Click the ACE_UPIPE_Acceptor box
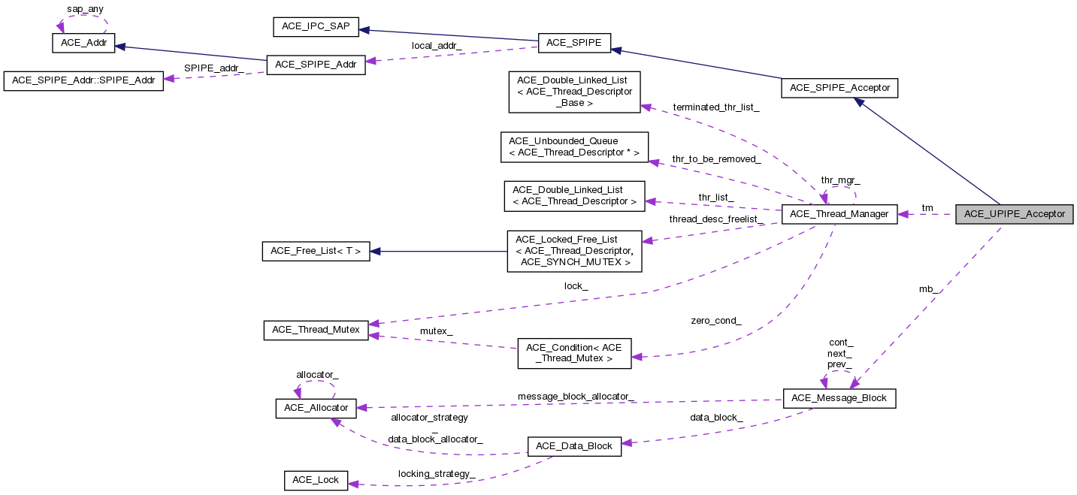[x=1014, y=214]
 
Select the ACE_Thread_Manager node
[x=840, y=214]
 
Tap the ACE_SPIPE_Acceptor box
[x=840, y=88]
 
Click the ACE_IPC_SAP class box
[x=316, y=26]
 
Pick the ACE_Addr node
[x=83, y=44]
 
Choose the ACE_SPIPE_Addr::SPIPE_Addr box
[x=83, y=81]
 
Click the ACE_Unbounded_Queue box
[x=573, y=146]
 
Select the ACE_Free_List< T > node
[x=316, y=251]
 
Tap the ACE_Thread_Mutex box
[x=316, y=331]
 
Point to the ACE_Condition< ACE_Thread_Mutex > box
[x=574, y=353]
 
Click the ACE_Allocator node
[x=316, y=408]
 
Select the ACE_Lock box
[x=316, y=480]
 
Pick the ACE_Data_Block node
[x=574, y=445]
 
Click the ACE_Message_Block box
[x=840, y=398]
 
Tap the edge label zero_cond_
[x=715, y=321]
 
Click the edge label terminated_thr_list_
[x=715, y=107]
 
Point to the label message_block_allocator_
[x=576, y=396]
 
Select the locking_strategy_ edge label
[x=436, y=474]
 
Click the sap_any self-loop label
[x=84, y=9]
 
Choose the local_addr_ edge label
[x=437, y=45]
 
